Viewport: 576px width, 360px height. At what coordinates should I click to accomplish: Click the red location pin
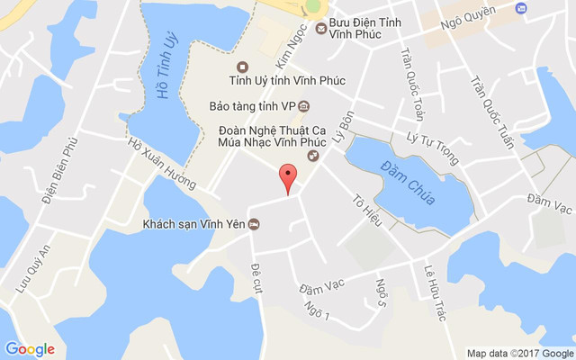click(287, 177)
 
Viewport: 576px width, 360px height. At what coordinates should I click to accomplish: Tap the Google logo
click(30, 349)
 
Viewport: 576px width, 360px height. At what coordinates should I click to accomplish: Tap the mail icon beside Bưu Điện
click(321, 29)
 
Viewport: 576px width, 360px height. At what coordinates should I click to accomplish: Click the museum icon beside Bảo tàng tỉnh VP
click(304, 106)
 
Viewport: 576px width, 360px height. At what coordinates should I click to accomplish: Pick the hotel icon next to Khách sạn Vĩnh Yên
click(255, 224)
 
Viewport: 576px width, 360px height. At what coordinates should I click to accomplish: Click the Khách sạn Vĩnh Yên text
click(193, 224)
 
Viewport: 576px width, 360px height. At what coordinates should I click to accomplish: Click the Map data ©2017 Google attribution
click(520, 352)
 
